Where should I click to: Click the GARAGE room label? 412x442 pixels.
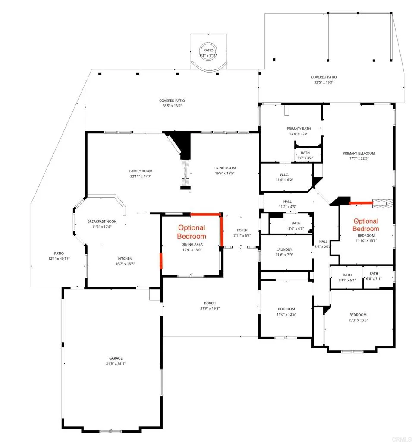pos(116,358)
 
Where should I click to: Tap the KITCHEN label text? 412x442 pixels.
pos(125,259)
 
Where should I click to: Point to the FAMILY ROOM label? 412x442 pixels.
pos(141,171)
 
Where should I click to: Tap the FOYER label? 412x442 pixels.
pos(242,230)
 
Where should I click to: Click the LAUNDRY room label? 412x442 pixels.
pos(284,249)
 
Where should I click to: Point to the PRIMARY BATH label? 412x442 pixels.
pos(299,129)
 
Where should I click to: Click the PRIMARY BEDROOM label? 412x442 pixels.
pos(359,153)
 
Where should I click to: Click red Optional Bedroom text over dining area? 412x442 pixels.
pos(192,232)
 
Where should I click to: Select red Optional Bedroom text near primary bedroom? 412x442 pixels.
pos(366,225)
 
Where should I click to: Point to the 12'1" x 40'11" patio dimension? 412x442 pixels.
pos(59,258)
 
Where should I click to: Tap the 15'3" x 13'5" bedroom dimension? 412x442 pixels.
pos(358,320)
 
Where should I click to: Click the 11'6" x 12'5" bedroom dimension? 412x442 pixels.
pos(286,314)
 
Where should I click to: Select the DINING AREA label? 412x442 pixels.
pos(192,244)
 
